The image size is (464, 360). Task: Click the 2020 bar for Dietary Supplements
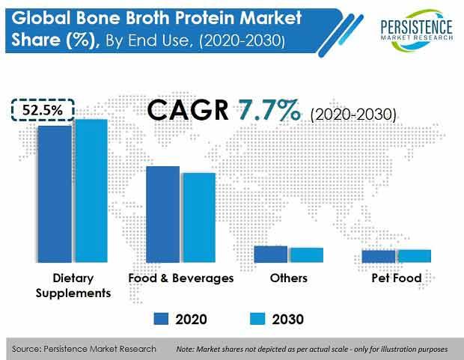[x=55, y=194]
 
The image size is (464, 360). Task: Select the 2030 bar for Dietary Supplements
[x=91, y=191]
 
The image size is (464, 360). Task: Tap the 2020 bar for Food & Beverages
[x=162, y=214]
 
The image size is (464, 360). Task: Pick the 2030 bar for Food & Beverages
[x=199, y=218]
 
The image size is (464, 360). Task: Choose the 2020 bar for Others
[x=271, y=254]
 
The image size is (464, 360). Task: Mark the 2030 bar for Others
[x=307, y=255]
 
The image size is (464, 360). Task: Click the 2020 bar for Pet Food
[x=379, y=257]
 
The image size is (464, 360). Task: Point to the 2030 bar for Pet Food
[x=415, y=256]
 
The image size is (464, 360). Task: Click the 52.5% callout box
[x=43, y=110]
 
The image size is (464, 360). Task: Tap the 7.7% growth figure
[x=269, y=110]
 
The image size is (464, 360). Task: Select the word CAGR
[x=188, y=110]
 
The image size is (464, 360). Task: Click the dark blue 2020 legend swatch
[x=161, y=319]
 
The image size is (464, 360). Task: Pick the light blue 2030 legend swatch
[x=257, y=319]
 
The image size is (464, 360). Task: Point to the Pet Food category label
[x=397, y=278]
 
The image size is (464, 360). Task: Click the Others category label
[x=289, y=278]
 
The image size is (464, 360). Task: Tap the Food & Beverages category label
[x=181, y=278]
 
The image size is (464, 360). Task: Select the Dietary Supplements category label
[x=73, y=286]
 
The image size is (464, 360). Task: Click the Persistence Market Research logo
[x=417, y=30]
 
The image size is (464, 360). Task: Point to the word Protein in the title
[x=205, y=18]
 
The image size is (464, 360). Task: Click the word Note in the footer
[x=184, y=350]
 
